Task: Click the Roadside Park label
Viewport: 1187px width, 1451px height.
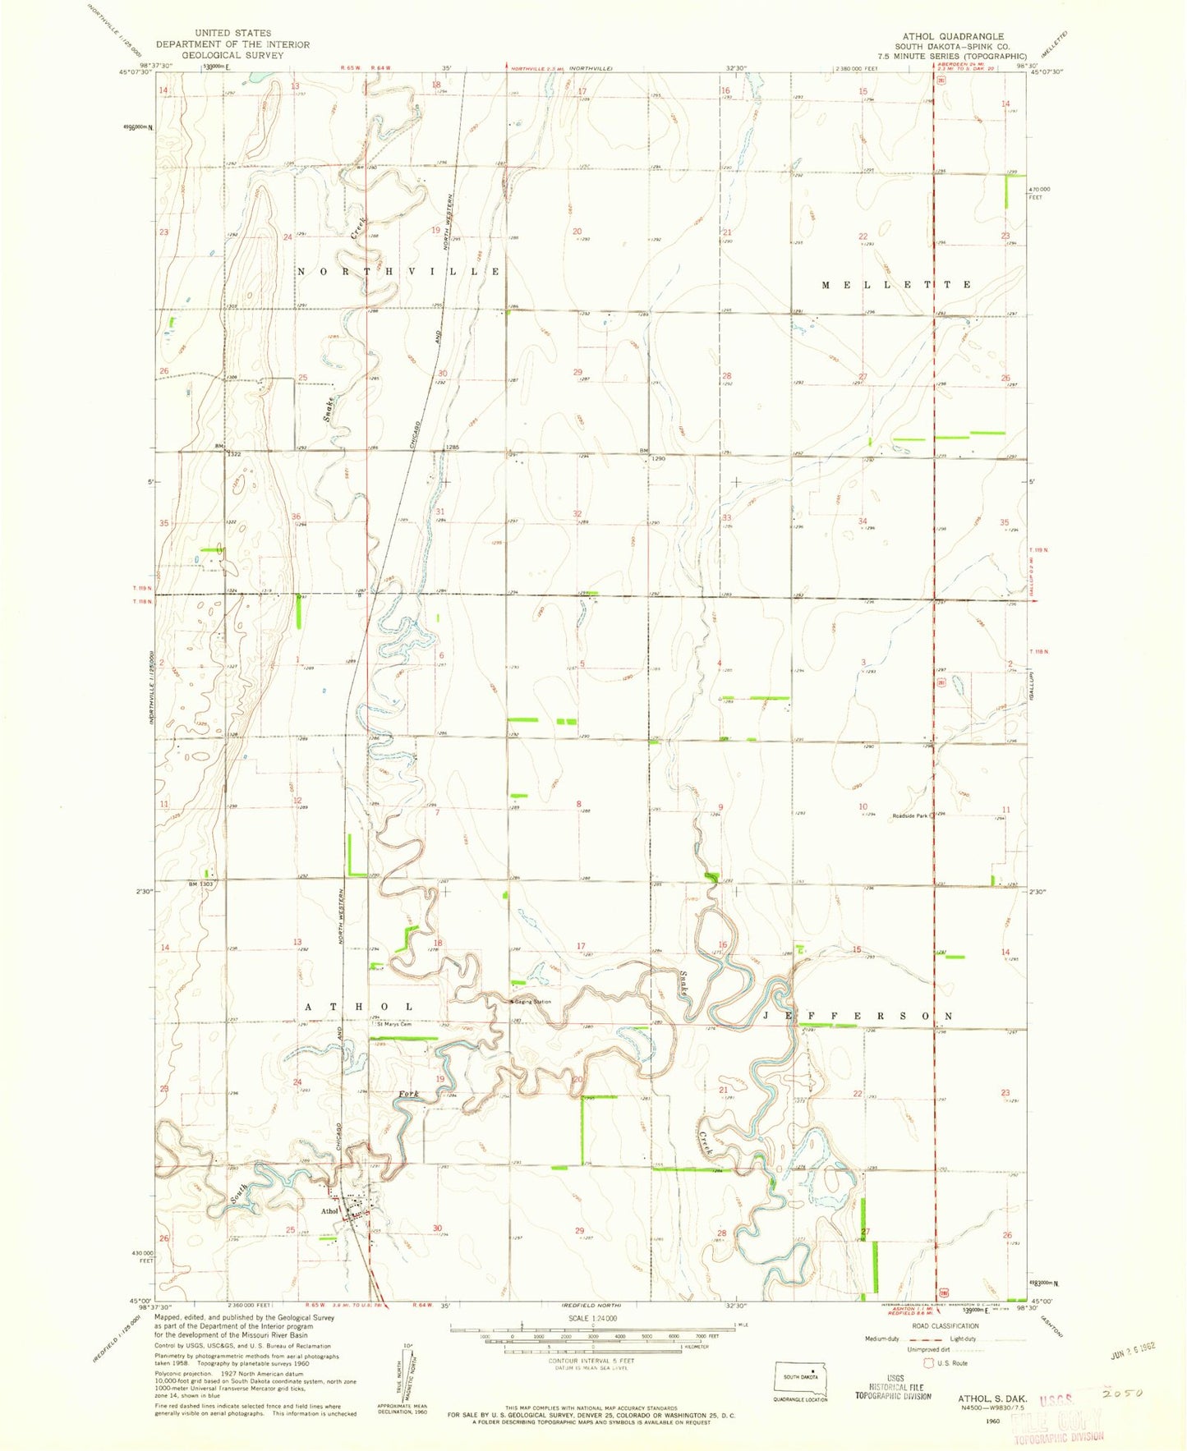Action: pyautogui.click(x=909, y=815)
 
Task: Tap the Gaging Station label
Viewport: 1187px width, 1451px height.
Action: pyautogui.click(x=532, y=1002)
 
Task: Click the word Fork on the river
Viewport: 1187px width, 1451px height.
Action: pyautogui.click(x=408, y=1094)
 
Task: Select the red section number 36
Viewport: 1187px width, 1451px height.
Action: pyautogui.click(x=296, y=517)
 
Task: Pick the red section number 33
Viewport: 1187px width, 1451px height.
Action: pyautogui.click(x=726, y=517)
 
